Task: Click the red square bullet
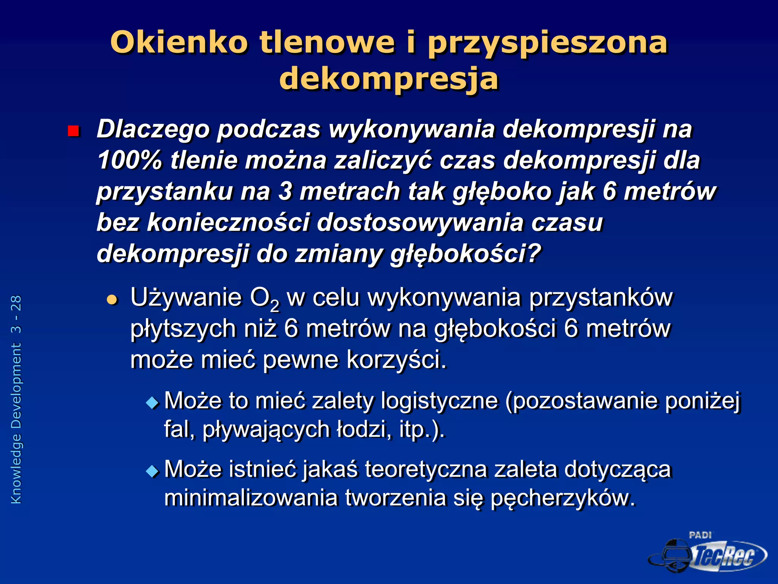pyautogui.click(x=73, y=132)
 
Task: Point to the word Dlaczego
pyautogui.click(x=153, y=129)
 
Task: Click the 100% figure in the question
pyautogui.click(x=130, y=160)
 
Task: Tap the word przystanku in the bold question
pyautogui.click(x=164, y=192)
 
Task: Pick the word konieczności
pyautogui.click(x=228, y=222)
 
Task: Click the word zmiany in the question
pyautogui.click(x=339, y=254)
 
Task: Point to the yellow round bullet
pyautogui.click(x=112, y=300)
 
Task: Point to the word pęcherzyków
pyautogui.click(x=563, y=498)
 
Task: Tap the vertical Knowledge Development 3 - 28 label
pyautogui.click(x=16, y=399)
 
